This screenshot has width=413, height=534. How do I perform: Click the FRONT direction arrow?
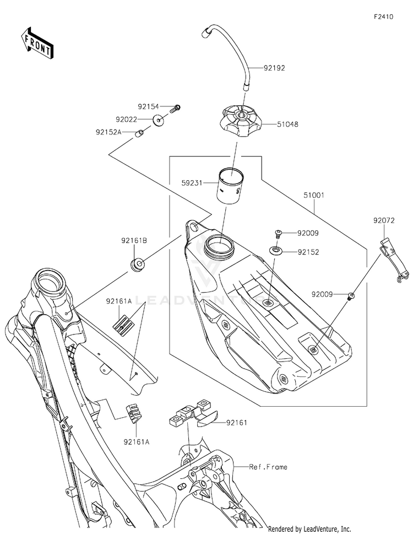37,44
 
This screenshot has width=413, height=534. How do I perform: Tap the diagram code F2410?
383,17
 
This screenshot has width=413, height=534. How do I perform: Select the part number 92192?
274,68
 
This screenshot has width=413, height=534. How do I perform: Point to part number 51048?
287,125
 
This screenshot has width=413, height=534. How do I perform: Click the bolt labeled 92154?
175,109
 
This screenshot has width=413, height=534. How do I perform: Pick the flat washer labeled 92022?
158,120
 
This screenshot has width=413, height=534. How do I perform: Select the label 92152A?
108,132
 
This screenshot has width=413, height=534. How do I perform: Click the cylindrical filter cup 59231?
231,186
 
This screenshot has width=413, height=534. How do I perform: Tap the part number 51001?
314,196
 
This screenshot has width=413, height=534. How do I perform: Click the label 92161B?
134,240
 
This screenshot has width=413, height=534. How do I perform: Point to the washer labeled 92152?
276,251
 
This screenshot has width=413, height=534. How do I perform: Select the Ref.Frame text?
268,467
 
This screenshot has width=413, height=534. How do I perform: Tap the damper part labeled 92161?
193,413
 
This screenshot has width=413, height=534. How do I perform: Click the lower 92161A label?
137,442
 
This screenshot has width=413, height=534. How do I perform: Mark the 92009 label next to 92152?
308,233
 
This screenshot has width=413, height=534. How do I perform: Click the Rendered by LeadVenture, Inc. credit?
309,528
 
